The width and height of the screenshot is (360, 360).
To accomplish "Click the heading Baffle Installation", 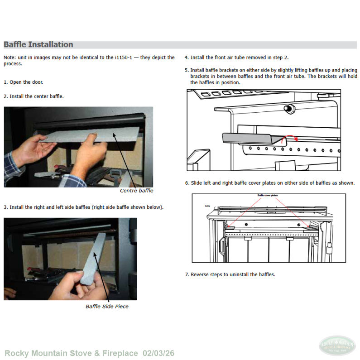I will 38,44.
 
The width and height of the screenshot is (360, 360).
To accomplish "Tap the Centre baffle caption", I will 136,191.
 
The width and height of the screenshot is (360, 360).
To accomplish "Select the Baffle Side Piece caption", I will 107,307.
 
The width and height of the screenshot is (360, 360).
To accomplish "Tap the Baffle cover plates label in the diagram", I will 268,196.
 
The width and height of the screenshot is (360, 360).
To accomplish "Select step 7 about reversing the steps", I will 230,274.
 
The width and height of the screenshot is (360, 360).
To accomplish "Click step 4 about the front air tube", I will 236,58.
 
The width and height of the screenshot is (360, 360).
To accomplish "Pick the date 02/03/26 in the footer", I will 158,353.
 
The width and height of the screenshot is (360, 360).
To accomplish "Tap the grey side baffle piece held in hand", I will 93,258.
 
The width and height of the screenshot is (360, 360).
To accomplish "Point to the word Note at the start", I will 9,58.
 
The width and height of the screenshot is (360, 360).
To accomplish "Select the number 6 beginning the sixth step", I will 187,183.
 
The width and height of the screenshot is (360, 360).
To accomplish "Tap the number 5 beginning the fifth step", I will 187,70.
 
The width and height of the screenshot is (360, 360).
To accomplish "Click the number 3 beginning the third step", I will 5,207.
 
